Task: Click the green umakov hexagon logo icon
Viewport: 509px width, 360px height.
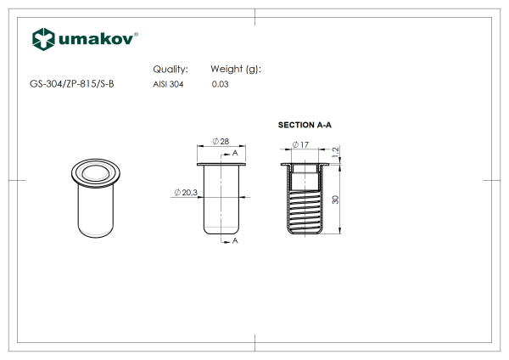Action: [x=43, y=39]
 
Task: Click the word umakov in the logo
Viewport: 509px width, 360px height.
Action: [x=96, y=39]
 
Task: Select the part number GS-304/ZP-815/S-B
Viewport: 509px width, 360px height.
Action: [x=72, y=84]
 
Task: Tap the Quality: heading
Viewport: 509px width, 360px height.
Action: [x=171, y=70]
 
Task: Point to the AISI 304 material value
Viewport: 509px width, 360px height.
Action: [x=168, y=84]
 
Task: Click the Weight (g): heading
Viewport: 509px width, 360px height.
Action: [x=236, y=70]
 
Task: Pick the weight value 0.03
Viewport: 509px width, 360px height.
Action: [x=220, y=84]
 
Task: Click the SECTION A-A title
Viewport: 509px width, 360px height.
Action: [x=305, y=125]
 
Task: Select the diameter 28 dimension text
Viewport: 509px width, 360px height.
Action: [x=221, y=141]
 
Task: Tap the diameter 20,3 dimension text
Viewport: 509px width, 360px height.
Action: [x=186, y=193]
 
